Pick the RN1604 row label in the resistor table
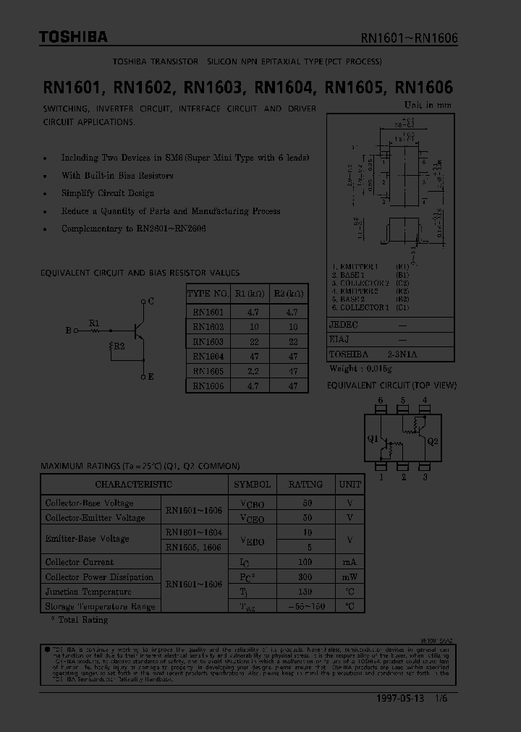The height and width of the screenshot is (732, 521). tap(208, 356)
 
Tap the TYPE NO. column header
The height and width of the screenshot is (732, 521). tap(208, 294)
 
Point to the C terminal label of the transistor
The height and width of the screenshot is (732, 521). tap(151, 301)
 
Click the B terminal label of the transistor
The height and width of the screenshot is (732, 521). tap(68, 331)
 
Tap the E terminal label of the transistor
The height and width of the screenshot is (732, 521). tap(151, 377)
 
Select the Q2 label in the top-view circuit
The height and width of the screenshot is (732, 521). tap(433, 441)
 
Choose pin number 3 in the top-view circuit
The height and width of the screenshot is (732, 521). tap(425, 477)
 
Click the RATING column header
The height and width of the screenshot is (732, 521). tap(306, 484)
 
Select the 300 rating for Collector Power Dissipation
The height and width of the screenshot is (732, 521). tap(306, 577)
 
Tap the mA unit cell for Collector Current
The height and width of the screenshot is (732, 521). tap(350, 562)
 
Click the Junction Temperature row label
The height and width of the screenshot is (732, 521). tap(88, 592)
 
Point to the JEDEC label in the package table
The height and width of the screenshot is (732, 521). tap(344, 325)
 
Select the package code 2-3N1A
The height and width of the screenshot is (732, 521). tap(403, 354)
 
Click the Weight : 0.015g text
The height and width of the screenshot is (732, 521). tap(364, 369)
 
